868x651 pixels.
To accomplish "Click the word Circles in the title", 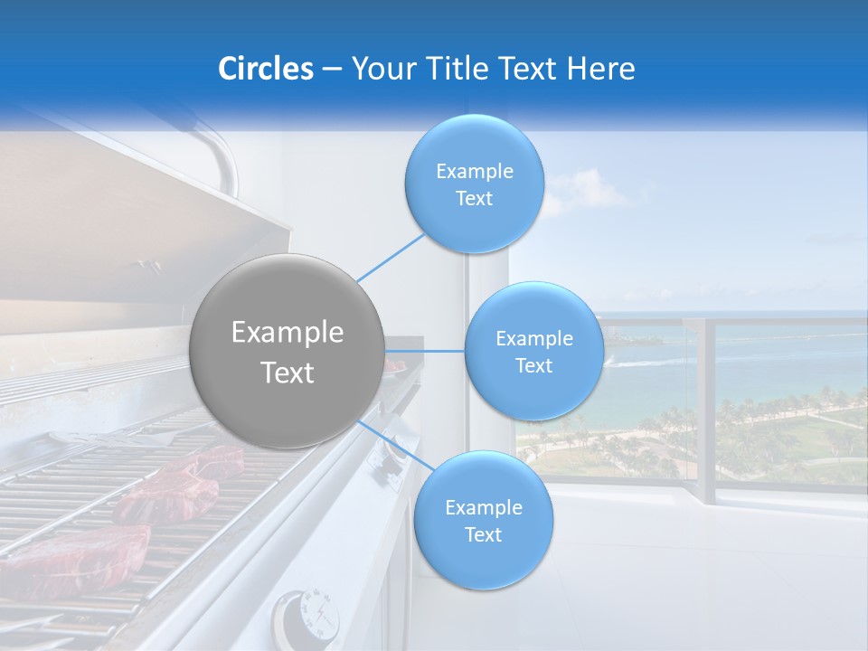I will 265,69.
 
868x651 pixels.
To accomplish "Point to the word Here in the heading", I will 602,69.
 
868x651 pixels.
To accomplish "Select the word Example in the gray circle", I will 288,333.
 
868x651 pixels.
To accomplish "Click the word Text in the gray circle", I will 288,373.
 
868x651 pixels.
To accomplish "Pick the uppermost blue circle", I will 474,184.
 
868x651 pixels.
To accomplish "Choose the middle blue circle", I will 533,352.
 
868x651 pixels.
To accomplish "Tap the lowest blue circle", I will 483,521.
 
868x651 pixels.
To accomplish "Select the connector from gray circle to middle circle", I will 425,350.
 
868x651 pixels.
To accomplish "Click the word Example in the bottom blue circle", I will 483,507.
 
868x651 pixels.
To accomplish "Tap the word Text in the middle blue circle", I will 533,365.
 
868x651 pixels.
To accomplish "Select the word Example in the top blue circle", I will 474,171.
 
